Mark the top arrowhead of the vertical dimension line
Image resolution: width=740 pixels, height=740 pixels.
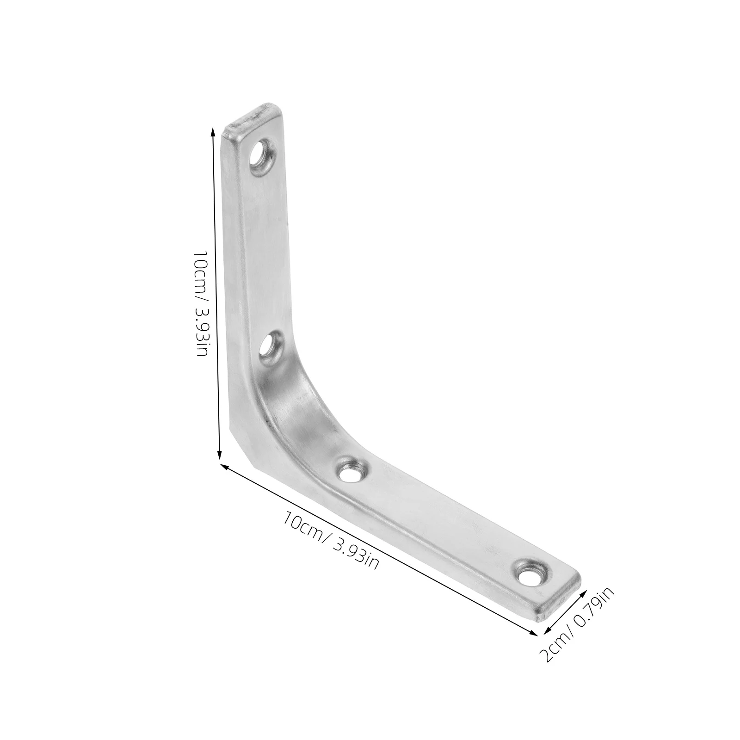pos(213,132)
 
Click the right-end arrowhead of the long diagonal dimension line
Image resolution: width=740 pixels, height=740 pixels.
pos(534,632)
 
